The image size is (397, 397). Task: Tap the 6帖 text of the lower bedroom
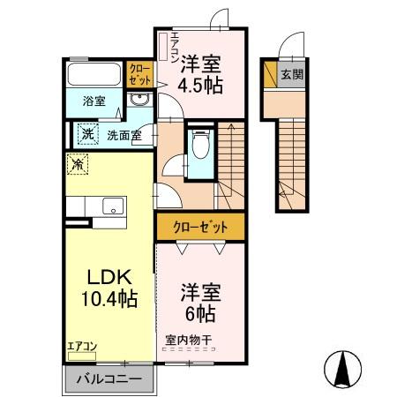pyautogui.click(x=200, y=313)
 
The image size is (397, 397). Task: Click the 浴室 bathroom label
pyautogui.click(x=94, y=101)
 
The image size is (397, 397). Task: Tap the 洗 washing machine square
pyautogui.click(x=86, y=135)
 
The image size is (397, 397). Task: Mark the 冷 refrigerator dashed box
pyautogui.click(x=79, y=163)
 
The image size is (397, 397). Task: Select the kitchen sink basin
pyautogui.click(x=113, y=206)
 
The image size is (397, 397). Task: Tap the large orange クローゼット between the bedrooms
pyautogui.click(x=201, y=227)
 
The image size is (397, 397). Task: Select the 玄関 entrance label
pyautogui.click(x=291, y=75)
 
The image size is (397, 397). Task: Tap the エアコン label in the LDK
pyautogui.click(x=82, y=345)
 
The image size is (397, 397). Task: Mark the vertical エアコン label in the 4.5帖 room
pyautogui.click(x=176, y=44)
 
